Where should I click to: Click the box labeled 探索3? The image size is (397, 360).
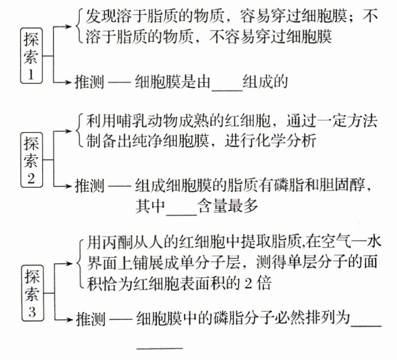[x=31, y=292]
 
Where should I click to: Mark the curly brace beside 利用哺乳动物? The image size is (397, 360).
[x=78, y=131]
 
